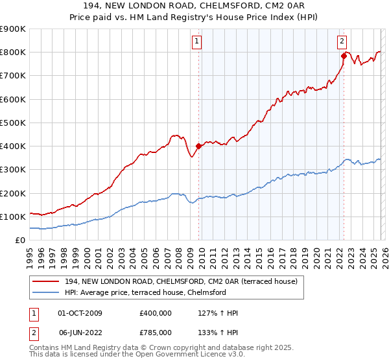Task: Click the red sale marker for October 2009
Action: [198, 146]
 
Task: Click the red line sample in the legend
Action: [46, 281]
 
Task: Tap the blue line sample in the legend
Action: [46, 292]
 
